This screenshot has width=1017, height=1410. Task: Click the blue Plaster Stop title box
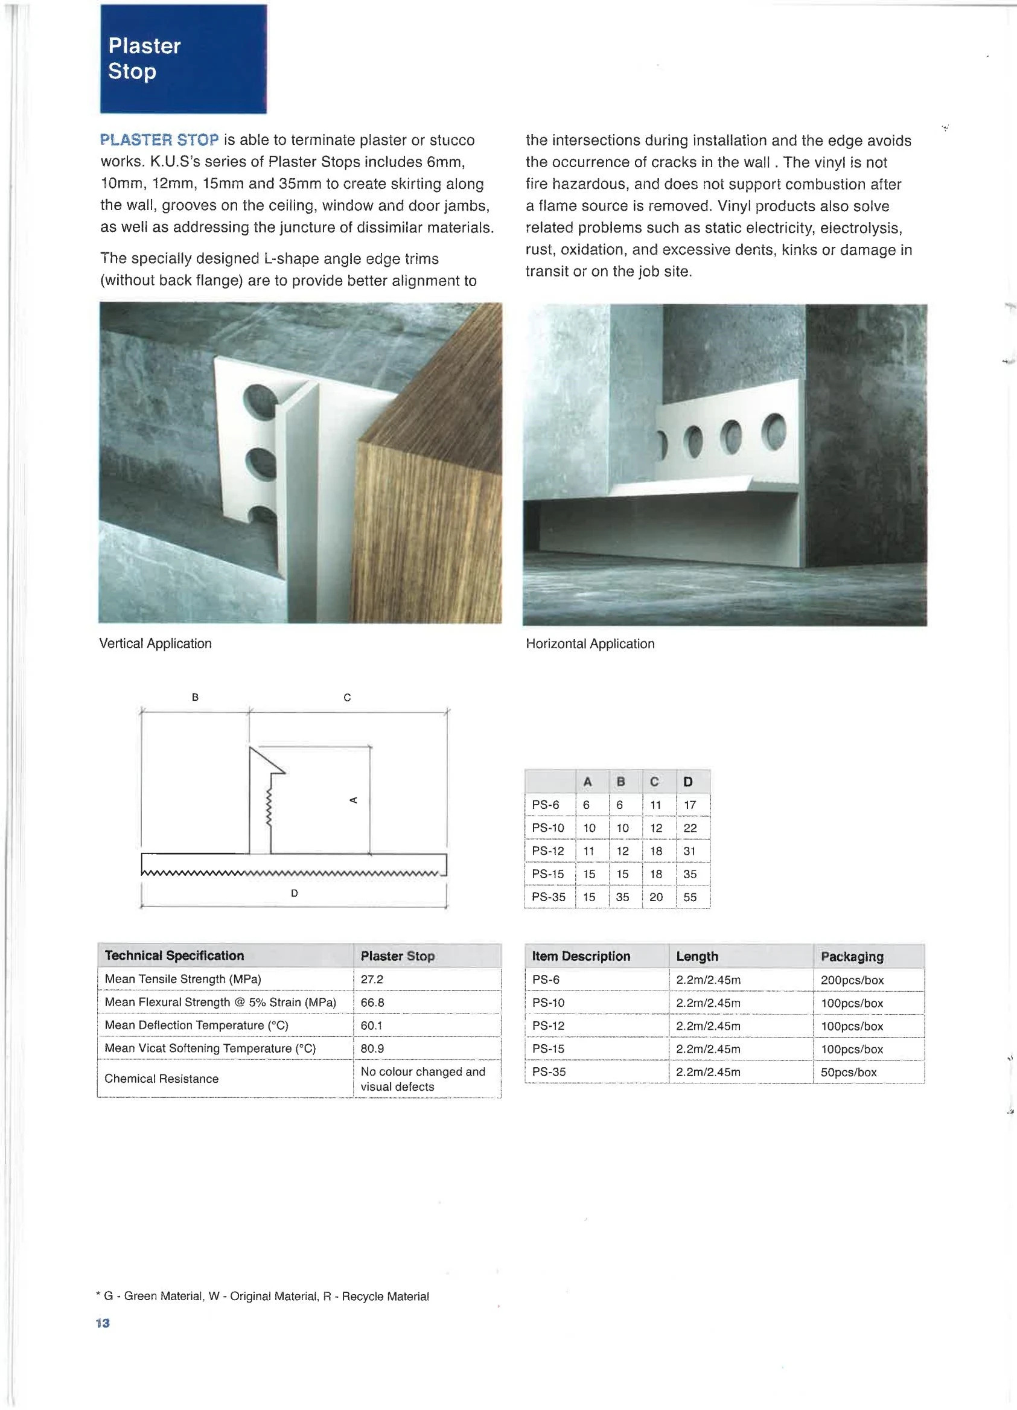tap(183, 59)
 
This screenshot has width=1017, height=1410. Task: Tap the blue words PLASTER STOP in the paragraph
tap(159, 140)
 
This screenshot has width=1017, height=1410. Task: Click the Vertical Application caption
tap(155, 643)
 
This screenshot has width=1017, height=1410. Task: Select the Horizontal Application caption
tap(590, 643)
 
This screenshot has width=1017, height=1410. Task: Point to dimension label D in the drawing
tap(295, 893)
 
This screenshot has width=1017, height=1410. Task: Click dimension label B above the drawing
tap(195, 697)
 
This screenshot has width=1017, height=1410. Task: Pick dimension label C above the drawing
tap(348, 698)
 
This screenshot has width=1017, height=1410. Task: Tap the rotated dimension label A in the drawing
tap(354, 800)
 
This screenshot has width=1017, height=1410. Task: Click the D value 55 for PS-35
tap(690, 897)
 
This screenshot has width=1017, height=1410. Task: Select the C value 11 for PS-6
tap(656, 805)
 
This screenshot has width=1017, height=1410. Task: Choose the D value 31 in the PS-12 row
tap(689, 851)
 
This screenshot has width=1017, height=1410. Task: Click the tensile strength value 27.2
tap(372, 979)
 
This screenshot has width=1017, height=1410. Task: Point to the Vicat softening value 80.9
tap(372, 1048)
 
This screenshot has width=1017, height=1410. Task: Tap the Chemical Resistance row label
tap(162, 1079)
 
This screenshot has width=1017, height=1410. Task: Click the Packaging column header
tap(852, 956)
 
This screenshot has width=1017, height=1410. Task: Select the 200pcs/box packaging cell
tap(852, 980)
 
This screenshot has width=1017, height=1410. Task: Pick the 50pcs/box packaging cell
tap(849, 1072)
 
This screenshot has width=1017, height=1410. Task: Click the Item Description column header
tap(581, 956)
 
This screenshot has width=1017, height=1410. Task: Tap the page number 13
tap(103, 1323)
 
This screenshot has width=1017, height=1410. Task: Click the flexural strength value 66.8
tap(372, 1002)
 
